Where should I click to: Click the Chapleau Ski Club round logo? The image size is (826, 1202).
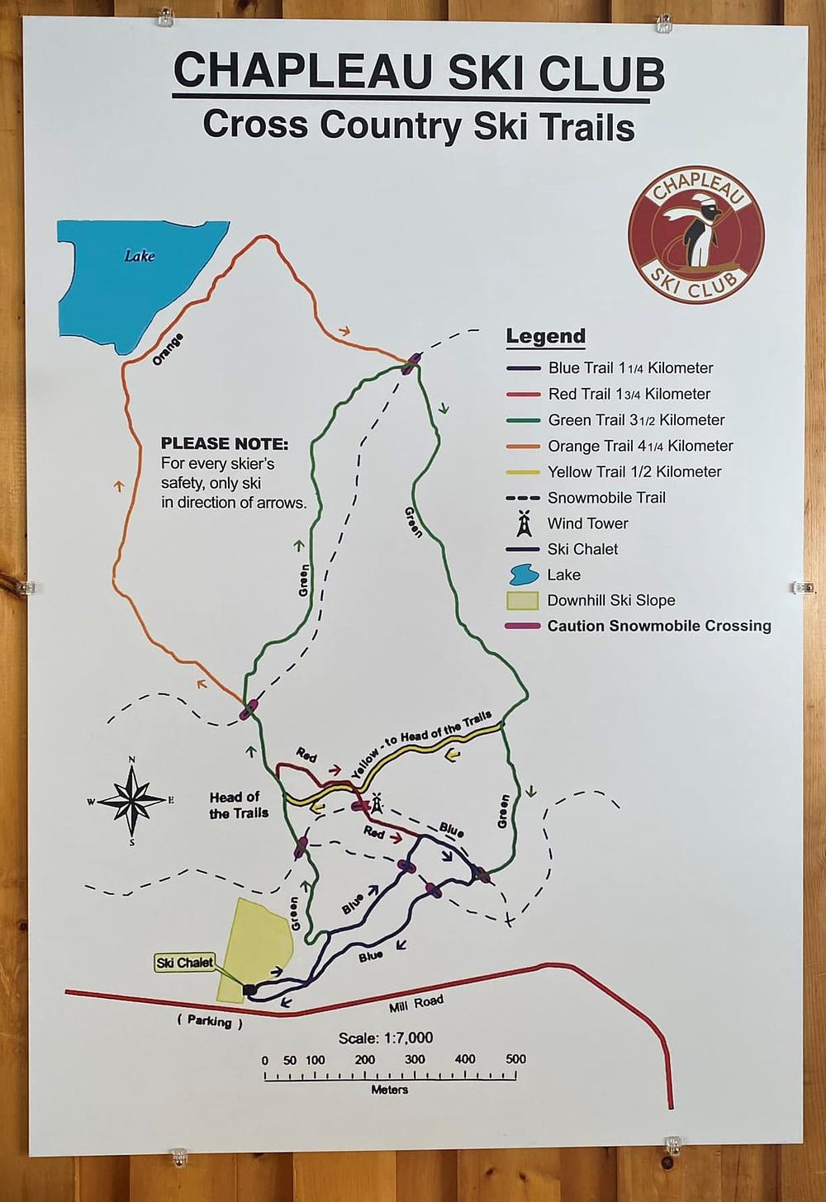pos(695,234)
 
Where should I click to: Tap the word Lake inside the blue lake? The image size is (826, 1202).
pos(140,256)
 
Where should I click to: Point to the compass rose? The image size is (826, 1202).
pos(131,799)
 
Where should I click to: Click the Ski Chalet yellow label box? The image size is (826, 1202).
pos(185,963)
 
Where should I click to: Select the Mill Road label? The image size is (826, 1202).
pos(416,1004)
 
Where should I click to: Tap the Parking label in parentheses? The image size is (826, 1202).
pos(209,1021)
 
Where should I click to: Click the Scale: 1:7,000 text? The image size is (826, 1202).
pos(386,1038)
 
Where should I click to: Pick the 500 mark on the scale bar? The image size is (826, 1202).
pos(515,1059)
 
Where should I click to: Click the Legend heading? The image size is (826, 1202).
pos(545,336)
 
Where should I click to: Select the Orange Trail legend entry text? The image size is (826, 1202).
pos(640,446)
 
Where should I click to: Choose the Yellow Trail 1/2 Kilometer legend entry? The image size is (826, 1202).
pos(634,471)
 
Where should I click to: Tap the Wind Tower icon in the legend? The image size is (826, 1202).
pos(523,523)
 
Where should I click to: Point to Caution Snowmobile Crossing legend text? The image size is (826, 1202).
pos(659,626)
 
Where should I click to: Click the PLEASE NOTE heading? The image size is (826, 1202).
pos(225,444)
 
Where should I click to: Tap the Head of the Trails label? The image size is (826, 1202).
pos(239,805)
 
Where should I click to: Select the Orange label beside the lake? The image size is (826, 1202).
pos(168,349)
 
